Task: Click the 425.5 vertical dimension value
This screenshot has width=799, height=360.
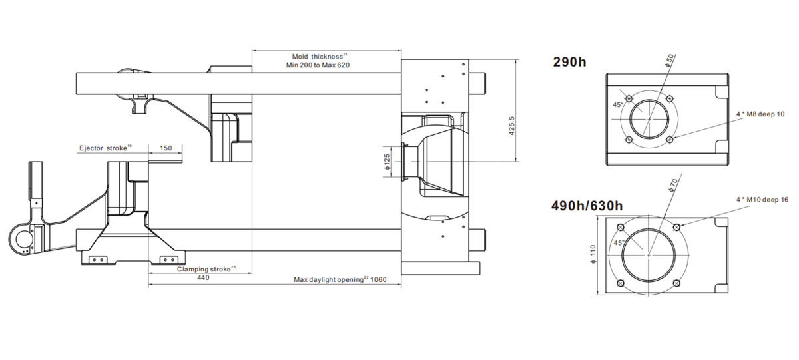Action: click(x=511, y=126)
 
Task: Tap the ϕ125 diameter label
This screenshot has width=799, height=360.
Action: click(x=387, y=162)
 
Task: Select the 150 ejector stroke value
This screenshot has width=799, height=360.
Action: click(x=166, y=148)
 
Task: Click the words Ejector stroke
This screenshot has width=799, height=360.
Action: click(x=103, y=148)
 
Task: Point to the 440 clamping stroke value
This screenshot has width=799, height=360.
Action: click(x=203, y=277)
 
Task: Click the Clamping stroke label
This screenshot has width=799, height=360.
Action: click(x=204, y=269)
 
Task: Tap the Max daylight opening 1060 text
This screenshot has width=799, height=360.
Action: click(x=340, y=279)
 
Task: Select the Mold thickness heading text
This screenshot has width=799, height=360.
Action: click(x=318, y=57)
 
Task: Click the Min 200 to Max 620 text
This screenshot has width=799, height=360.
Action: click(x=318, y=65)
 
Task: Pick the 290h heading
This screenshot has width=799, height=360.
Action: click(x=570, y=62)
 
